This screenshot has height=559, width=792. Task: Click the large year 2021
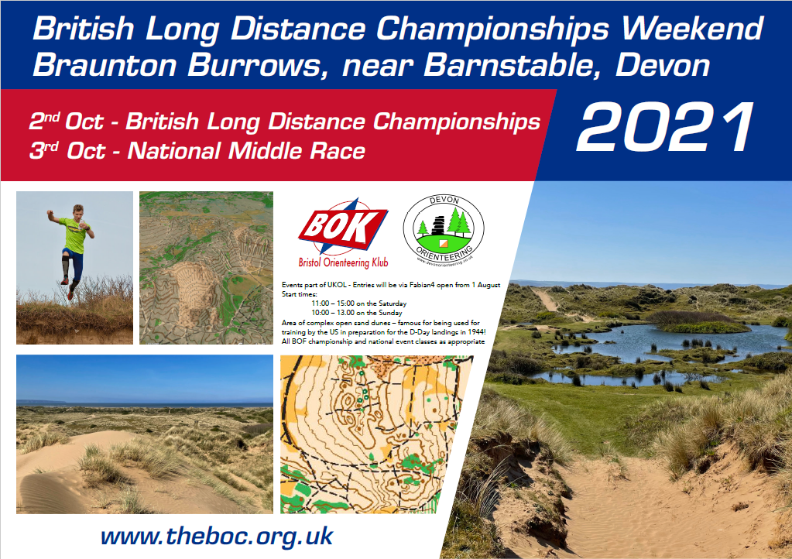point(665,128)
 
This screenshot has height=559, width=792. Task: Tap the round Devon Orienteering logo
point(444,229)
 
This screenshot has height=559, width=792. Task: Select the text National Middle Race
point(246,150)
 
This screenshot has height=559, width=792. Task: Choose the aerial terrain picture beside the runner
point(206,268)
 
